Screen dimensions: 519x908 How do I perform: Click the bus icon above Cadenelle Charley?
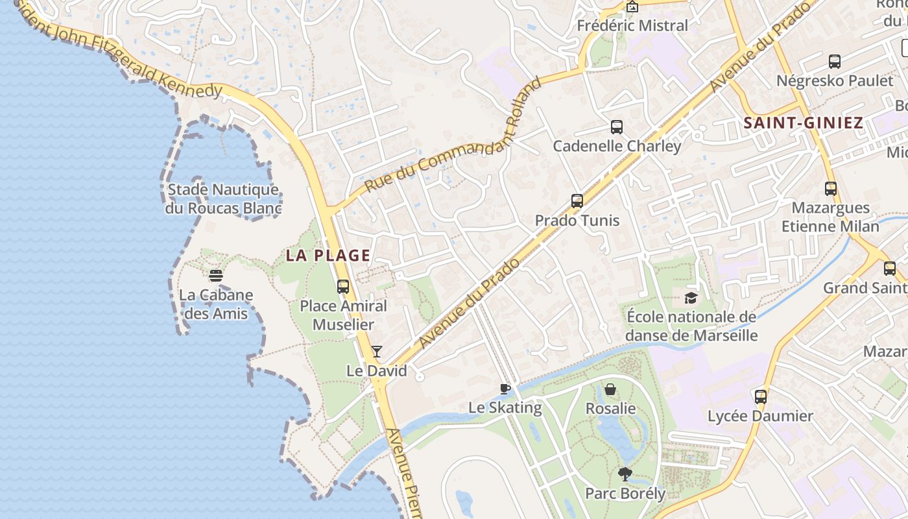tap(616, 127)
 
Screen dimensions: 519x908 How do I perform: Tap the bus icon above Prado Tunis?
tap(577, 201)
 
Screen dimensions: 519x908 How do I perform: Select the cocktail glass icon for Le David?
tap(377, 352)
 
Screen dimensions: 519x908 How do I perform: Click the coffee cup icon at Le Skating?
tap(505, 389)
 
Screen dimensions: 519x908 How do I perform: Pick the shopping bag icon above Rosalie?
tap(610, 389)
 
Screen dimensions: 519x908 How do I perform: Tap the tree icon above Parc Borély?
tap(625, 474)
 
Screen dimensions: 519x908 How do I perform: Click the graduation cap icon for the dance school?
tap(691, 298)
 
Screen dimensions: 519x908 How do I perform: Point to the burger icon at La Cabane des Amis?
tap(216, 276)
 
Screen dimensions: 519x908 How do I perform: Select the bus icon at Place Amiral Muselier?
tap(343, 286)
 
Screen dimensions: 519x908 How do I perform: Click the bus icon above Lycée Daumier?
tap(760, 396)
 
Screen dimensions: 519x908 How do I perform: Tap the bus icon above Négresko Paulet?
tap(835, 62)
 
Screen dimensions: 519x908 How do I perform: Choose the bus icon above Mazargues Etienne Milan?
tap(831, 189)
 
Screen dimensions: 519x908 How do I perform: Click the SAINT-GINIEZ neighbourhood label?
tap(803, 123)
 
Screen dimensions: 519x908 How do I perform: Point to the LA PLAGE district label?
tap(328, 256)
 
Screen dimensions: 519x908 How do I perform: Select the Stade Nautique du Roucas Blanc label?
tap(223, 199)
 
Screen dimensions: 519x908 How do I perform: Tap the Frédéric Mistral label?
tap(632, 26)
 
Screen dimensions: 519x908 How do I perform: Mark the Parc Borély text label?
tap(625, 494)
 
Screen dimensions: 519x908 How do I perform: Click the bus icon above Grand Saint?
tap(890, 269)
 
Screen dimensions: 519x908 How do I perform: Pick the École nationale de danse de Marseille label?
tap(691, 326)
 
